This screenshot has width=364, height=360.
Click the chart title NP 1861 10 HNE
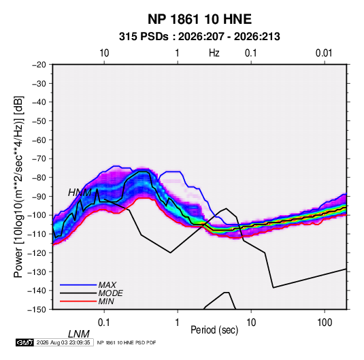pos(199,19)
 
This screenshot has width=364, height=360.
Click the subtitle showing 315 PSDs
pos(199,37)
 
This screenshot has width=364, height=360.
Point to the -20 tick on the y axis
pos(39,65)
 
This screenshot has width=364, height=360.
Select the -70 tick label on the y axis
pos(39,159)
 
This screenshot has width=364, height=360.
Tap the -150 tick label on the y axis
pos(37,310)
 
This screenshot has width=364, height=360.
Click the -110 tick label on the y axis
pos(37,234)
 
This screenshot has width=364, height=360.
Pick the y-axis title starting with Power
pos(18,187)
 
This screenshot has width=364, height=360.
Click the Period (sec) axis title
pos(214,330)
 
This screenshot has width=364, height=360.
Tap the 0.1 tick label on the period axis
pos(104,323)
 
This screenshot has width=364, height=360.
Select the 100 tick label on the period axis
pos(325,323)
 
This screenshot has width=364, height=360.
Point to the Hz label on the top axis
pos(214,53)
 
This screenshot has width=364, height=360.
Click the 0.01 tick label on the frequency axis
pos(324,53)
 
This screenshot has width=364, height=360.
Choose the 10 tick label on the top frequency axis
pos(104,53)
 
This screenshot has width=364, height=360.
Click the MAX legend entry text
pos(107,284)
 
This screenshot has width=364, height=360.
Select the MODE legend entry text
pos(110,293)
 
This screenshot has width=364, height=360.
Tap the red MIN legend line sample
pos(78,301)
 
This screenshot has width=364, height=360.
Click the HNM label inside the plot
pos(80,193)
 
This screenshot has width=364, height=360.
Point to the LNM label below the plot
pos(78,334)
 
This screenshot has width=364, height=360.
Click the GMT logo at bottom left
pos(24,342)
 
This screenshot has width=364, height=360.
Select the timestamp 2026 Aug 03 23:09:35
pos(63,342)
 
